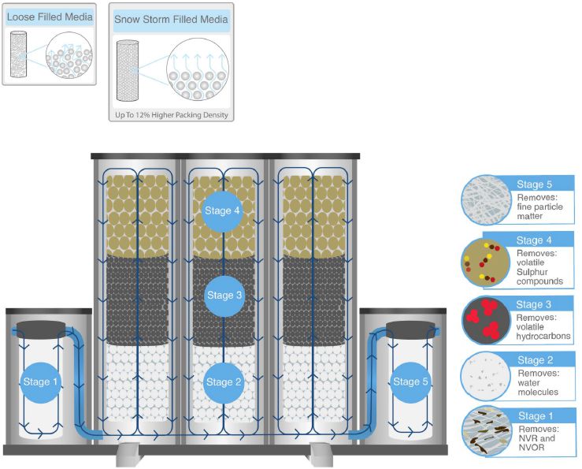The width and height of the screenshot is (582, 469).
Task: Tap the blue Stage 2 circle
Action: tap(224, 382)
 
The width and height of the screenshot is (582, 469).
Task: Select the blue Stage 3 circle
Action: tap(224, 296)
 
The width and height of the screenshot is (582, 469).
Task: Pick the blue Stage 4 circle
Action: tap(224, 210)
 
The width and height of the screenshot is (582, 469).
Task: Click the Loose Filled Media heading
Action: tap(49, 17)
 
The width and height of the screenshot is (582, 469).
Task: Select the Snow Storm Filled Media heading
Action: tap(171, 20)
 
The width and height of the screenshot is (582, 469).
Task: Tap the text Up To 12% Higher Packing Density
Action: tap(171, 115)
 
